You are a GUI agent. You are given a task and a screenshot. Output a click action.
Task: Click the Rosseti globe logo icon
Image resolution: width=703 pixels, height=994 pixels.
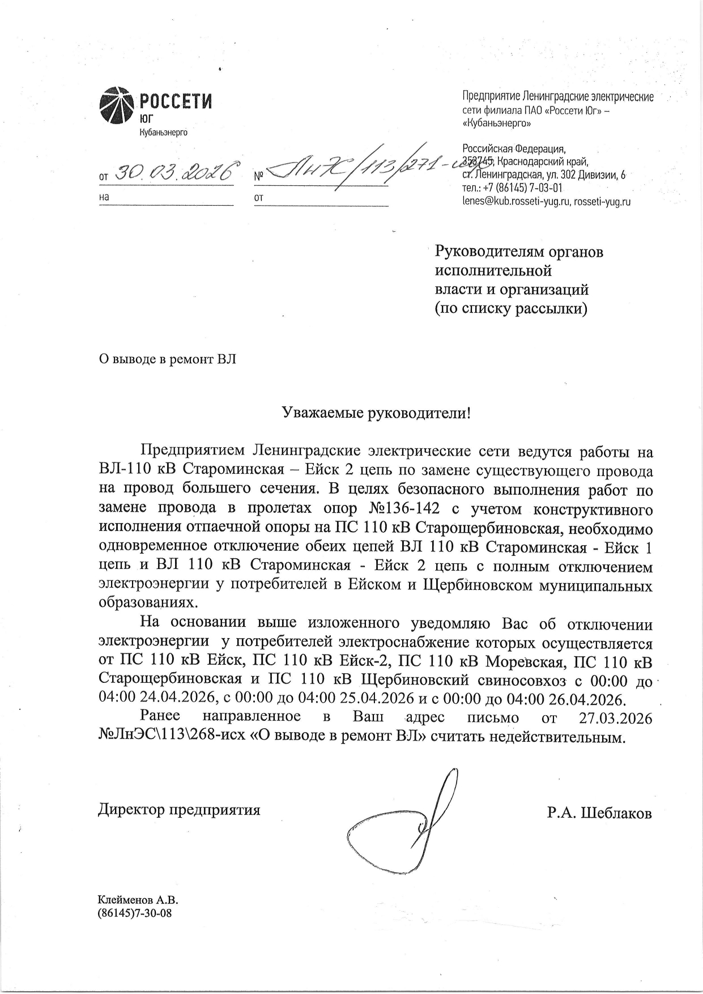[117, 105]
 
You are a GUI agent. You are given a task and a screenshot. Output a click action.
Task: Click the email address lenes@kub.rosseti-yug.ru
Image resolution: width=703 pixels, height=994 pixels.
[516, 201]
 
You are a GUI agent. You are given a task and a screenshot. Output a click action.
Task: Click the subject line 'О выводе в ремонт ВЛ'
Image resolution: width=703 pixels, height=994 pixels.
[167, 359]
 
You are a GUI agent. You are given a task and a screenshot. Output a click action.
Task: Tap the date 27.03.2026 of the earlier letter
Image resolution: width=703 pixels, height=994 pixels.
[615, 717]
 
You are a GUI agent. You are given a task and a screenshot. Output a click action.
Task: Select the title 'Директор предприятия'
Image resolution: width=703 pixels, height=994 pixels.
[179, 809]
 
